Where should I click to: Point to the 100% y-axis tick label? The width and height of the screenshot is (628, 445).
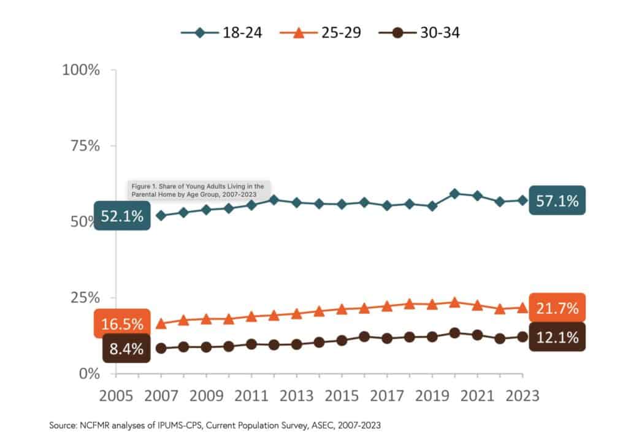[81, 70]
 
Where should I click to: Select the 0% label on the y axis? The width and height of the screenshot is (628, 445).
[90, 373]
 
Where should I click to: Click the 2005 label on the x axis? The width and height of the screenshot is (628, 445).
[116, 395]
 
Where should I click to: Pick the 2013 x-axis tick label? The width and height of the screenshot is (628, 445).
[297, 395]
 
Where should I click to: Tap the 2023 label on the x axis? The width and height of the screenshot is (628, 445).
[521, 395]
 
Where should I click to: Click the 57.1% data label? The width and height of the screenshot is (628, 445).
[557, 200]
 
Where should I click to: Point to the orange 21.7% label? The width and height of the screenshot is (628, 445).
[557, 308]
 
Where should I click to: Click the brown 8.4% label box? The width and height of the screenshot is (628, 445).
[126, 349]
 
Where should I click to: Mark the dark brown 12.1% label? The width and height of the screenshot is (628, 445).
[557, 337]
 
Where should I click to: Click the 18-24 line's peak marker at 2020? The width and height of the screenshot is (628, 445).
[454, 194]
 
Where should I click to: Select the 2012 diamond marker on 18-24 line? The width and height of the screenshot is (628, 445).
[274, 200]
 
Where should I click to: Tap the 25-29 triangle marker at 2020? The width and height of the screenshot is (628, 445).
[454, 302]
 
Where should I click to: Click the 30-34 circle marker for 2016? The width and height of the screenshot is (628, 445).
[364, 337]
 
